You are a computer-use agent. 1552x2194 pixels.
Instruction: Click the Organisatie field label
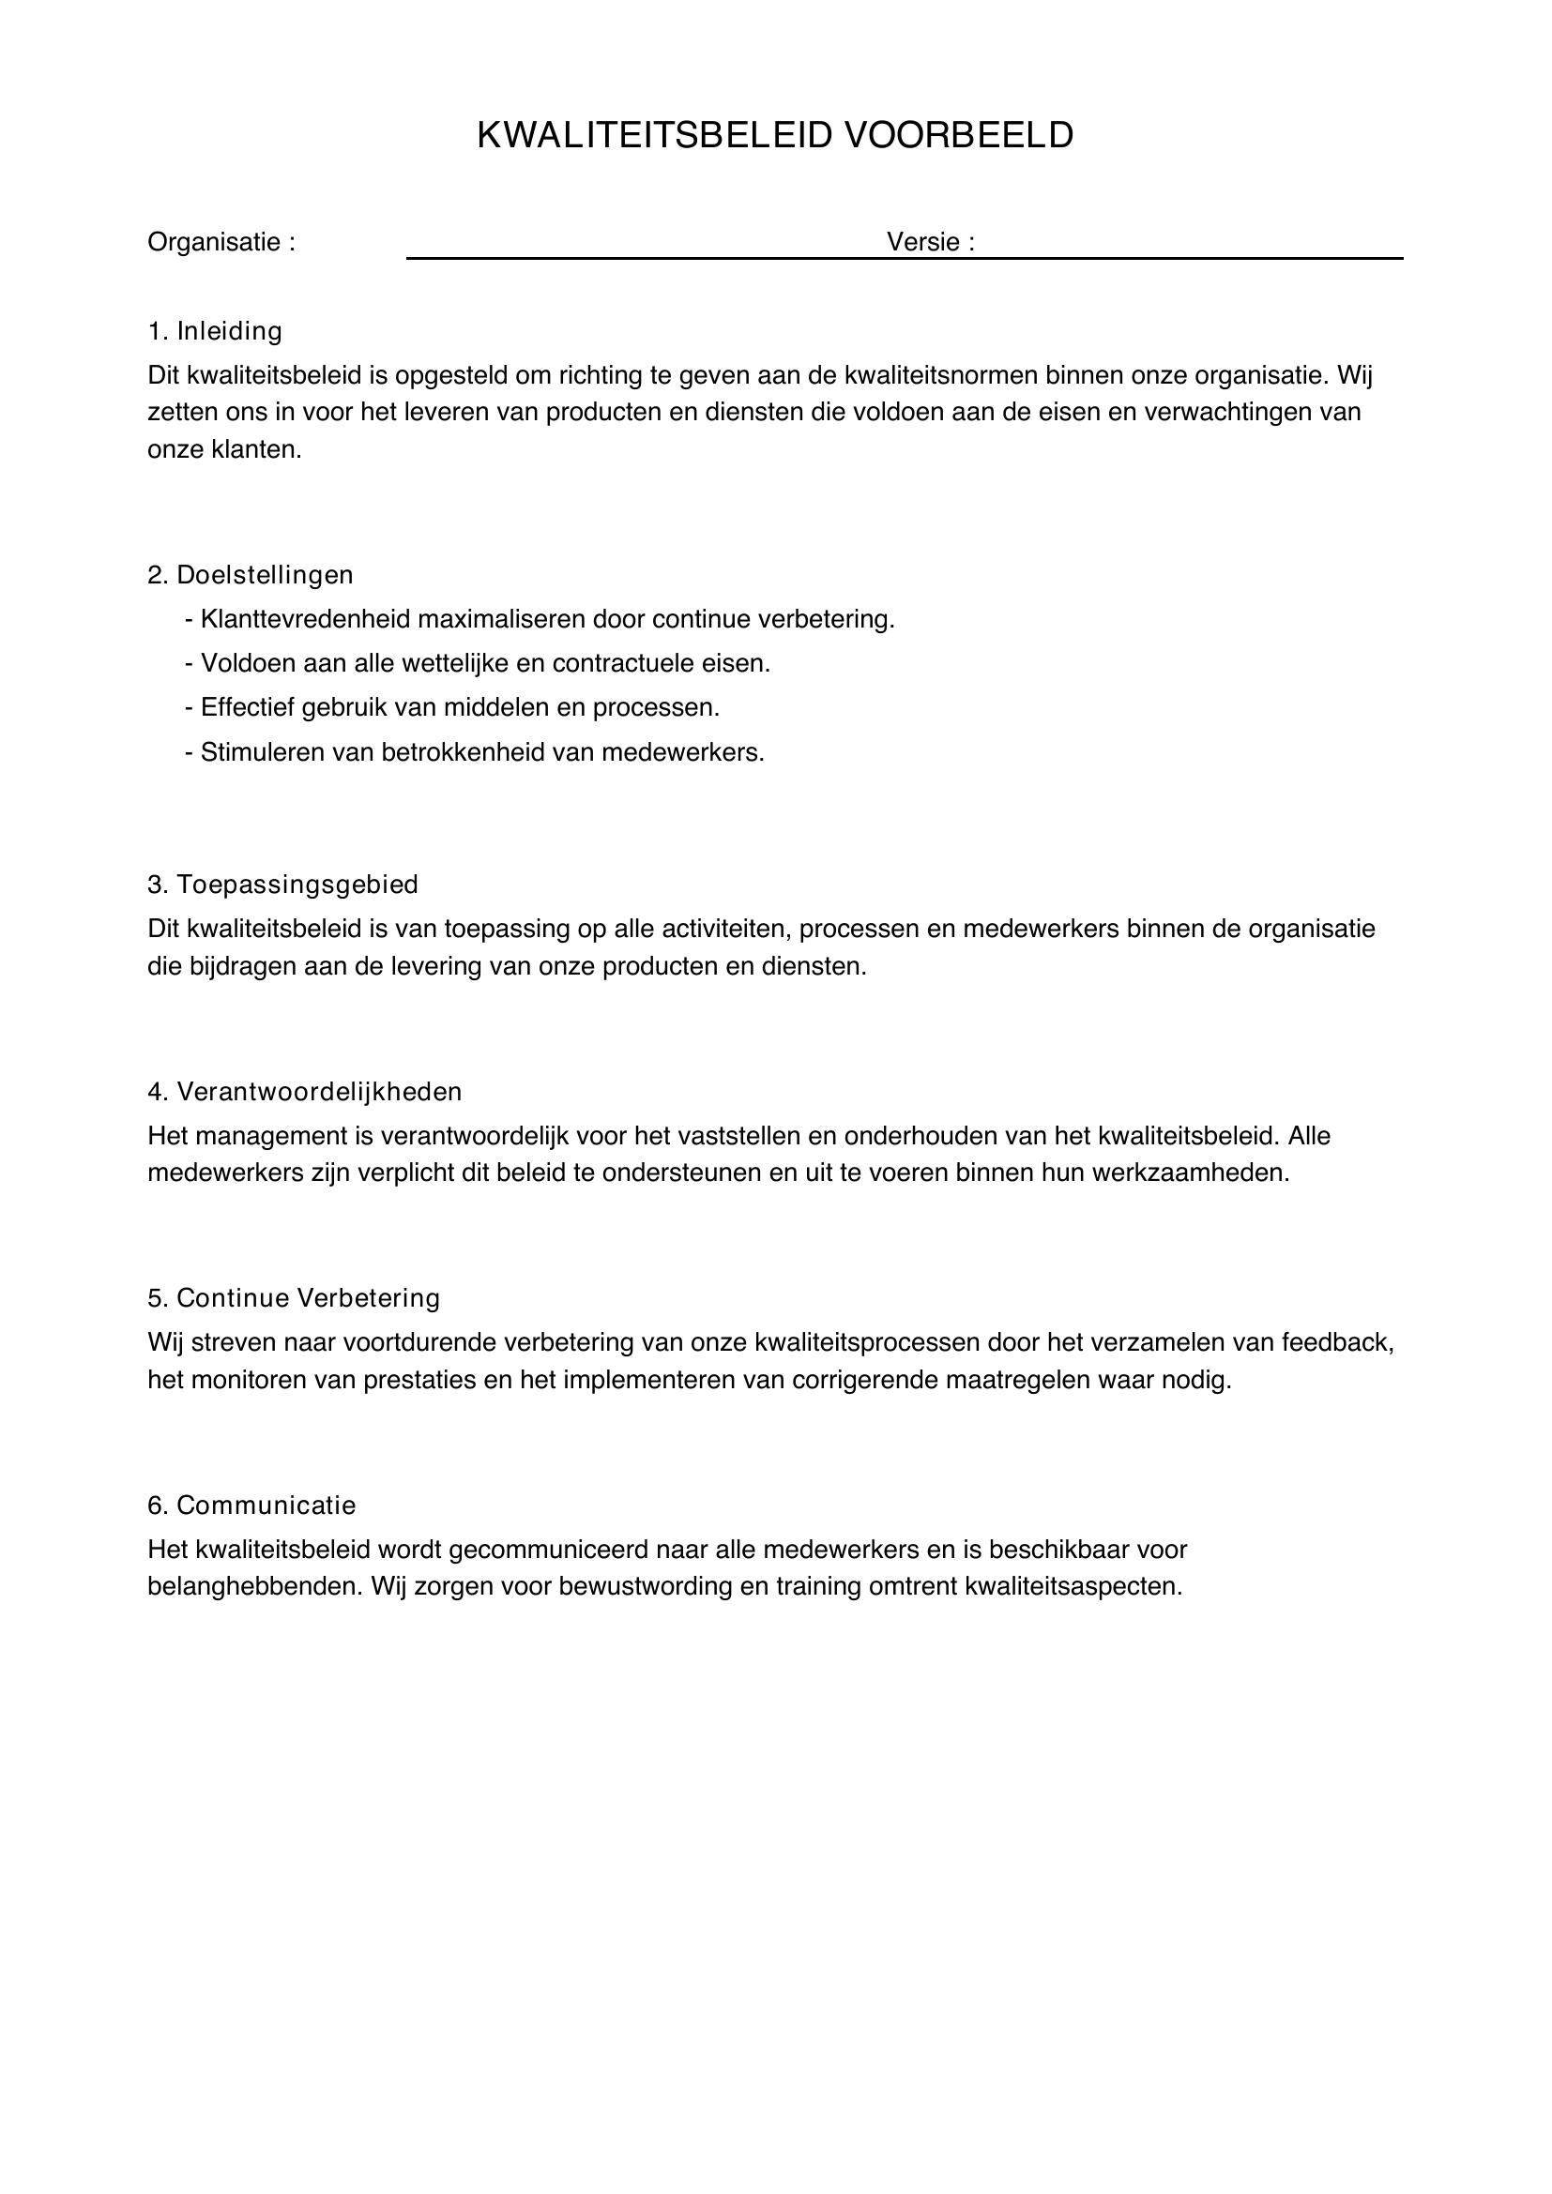(x=221, y=243)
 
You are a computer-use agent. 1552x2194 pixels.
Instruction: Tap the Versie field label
(x=930, y=242)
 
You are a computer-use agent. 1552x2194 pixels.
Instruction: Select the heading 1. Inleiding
(x=215, y=331)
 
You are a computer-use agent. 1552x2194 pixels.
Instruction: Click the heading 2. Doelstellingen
(x=251, y=575)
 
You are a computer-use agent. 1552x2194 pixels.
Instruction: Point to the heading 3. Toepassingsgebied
(x=282, y=885)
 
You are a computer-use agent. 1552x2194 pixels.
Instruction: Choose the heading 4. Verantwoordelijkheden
(x=305, y=1091)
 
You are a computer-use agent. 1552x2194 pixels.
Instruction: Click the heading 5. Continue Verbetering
(x=295, y=1297)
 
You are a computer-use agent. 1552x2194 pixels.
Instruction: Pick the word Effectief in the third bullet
(x=248, y=708)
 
